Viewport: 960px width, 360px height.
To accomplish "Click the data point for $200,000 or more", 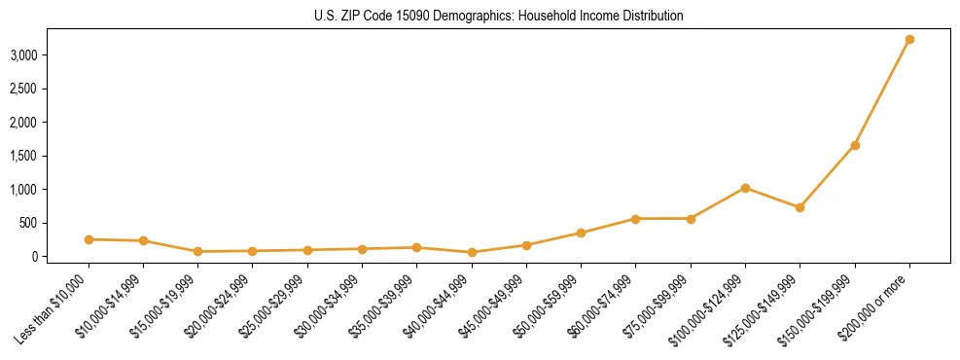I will tap(909, 40).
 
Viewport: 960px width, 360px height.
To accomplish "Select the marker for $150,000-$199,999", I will tap(855, 145).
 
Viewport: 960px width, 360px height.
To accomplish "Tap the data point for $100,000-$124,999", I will tap(745, 188).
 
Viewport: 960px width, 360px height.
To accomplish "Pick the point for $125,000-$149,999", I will tap(800, 207).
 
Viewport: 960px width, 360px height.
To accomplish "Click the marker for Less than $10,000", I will tap(89, 239).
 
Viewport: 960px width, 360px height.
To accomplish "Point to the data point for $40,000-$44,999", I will tap(472, 252).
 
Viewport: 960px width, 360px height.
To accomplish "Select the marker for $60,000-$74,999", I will tap(636, 219).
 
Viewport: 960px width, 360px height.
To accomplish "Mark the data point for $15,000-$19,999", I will tap(197, 251).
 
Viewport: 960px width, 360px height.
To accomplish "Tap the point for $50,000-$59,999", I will tap(581, 233).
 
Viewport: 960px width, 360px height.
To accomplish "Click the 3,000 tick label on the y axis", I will tap(23, 55).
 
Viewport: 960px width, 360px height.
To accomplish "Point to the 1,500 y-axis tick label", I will tap(23, 156).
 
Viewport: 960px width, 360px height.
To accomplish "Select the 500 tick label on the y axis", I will tap(28, 223).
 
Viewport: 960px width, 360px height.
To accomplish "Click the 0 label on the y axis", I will tap(34, 257).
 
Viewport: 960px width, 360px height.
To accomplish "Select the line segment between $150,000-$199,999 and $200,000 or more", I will tap(882, 92).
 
